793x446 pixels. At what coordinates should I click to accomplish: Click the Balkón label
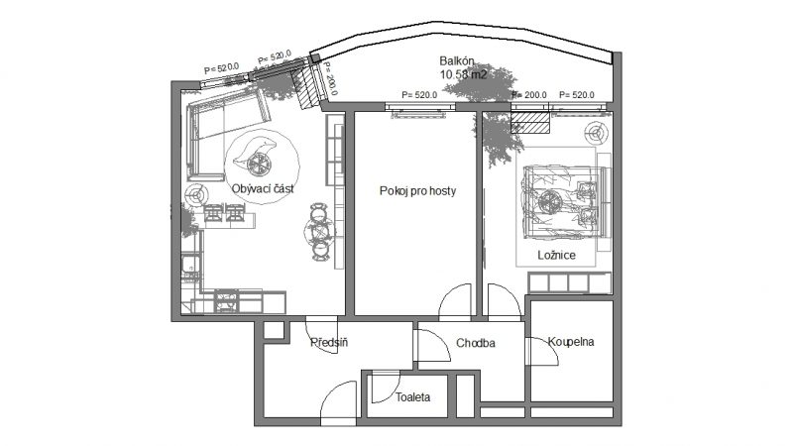[x=457, y=61]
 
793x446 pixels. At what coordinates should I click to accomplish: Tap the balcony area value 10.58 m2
[x=463, y=75]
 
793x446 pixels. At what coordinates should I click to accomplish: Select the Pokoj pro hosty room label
[x=417, y=190]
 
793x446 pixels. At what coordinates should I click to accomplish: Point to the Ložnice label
[x=556, y=255]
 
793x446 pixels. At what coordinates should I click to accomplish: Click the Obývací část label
[x=263, y=188]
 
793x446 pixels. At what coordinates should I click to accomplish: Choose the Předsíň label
[x=329, y=342]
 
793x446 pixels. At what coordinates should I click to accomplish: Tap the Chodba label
[x=476, y=343]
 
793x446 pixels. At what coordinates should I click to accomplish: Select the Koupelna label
[x=571, y=341]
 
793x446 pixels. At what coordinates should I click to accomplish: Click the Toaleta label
[x=412, y=397]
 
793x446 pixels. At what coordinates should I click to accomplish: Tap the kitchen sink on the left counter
[x=189, y=265]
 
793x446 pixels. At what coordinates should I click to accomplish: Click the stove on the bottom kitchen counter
[x=226, y=300]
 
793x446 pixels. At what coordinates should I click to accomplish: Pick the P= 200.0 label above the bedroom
[x=529, y=94]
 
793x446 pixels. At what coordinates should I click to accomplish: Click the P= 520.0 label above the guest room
[x=419, y=94]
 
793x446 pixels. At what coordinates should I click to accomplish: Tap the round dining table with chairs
[x=319, y=232]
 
